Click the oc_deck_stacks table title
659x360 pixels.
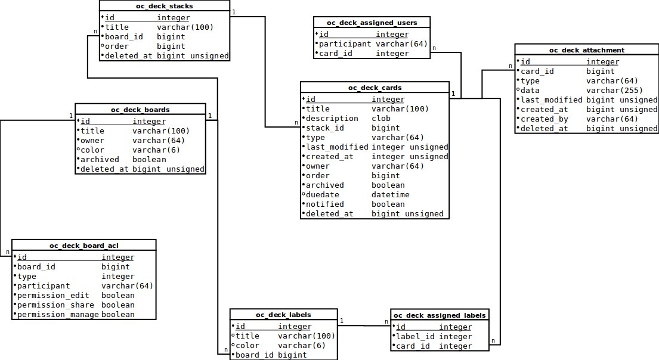click(164, 6)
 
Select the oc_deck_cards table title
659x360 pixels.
click(375, 88)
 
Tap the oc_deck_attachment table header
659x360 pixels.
click(587, 50)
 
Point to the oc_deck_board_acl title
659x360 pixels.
click(84, 246)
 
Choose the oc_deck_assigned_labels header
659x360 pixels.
click(440, 315)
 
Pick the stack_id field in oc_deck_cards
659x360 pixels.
click(325, 128)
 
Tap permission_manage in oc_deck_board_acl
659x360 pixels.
click(58, 315)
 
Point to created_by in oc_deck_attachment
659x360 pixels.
click(544, 119)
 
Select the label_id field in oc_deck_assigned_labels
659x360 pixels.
click(414, 337)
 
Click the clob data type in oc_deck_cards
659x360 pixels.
click(381, 119)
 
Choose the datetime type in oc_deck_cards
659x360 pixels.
click(391, 195)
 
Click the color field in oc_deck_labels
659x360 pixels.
click(247, 346)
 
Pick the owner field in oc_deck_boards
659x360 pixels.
click(92, 141)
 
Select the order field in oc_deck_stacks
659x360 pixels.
click(117, 46)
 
